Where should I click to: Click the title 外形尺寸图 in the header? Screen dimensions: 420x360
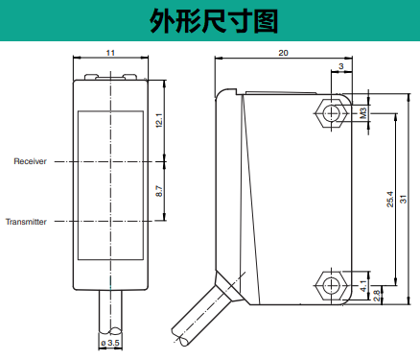click(214, 21)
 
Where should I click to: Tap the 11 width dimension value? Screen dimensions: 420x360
click(110, 53)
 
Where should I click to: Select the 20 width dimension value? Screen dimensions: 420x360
click(283, 53)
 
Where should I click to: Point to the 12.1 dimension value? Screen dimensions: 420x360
click(159, 121)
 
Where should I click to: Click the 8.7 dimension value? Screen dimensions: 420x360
click(159, 191)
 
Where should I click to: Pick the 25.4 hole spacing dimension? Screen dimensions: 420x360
click(390, 200)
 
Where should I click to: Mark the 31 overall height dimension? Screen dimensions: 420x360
click(404, 199)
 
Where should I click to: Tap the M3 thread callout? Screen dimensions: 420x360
click(363, 113)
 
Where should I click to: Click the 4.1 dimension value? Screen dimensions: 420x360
click(363, 286)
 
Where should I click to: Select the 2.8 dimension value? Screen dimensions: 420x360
click(377, 296)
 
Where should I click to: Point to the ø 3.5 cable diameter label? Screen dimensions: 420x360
click(110, 343)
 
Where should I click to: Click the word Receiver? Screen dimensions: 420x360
click(30, 161)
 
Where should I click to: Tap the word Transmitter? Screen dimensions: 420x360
click(26, 222)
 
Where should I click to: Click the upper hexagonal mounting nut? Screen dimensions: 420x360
click(331, 113)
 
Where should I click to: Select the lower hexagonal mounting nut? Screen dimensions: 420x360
click(331, 286)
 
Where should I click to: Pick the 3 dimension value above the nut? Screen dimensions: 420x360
click(341, 66)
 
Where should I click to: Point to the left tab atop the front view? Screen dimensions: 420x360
click(91, 77)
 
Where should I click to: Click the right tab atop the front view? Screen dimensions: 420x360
click(130, 77)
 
